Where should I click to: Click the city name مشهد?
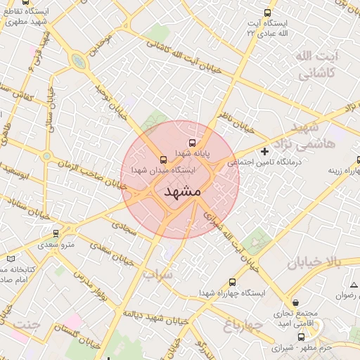tap(182, 191)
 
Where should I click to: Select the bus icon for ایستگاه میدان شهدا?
tap(164, 158)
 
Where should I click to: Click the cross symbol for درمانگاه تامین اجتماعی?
tap(264, 151)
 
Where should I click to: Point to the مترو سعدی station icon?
tap(56, 233)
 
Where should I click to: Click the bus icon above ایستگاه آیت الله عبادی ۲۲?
tap(266, 13)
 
